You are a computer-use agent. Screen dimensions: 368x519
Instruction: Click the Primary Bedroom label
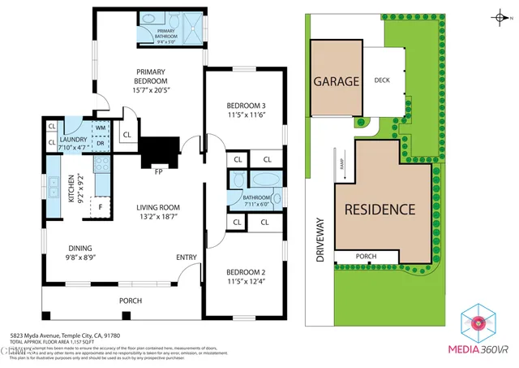click(x=152, y=76)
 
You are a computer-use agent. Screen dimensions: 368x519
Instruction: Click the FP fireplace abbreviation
click(x=159, y=171)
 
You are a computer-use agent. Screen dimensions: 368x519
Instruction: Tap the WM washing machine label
click(x=101, y=128)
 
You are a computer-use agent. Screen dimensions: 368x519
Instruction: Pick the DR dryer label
click(x=101, y=144)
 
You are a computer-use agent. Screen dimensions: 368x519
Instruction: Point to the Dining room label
click(x=79, y=249)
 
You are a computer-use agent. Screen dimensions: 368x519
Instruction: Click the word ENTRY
click(x=187, y=258)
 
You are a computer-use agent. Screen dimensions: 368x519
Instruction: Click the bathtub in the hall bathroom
click(x=264, y=180)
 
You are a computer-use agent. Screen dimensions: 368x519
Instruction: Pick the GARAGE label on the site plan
click(x=337, y=82)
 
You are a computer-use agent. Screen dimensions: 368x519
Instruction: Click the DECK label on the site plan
click(x=383, y=80)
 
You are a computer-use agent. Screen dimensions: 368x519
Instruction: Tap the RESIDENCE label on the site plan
click(x=380, y=209)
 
